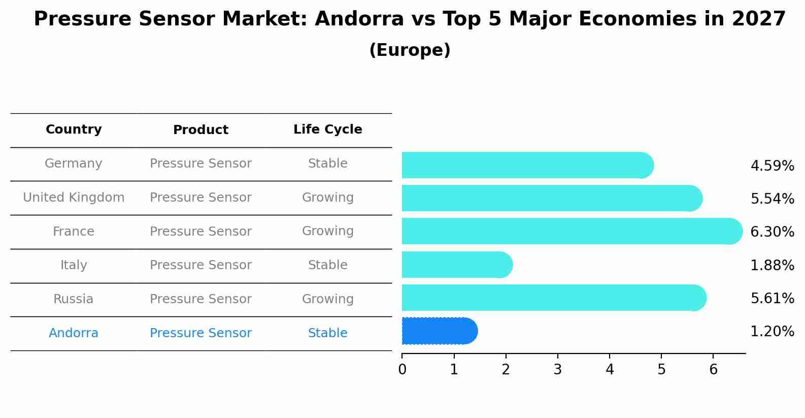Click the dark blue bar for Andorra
point(439,331)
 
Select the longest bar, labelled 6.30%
point(572,231)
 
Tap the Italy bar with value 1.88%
point(457,265)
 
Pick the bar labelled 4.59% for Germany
point(527,165)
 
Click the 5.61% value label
point(772,298)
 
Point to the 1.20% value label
point(772,332)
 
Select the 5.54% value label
point(772,199)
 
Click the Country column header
point(74,130)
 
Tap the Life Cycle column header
point(327,130)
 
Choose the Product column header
point(200,130)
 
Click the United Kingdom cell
point(74,198)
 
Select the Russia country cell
point(74,299)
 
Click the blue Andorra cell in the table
point(74,333)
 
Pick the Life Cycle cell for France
point(327,231)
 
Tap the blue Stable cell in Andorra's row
point(327,333)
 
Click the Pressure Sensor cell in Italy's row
point(200,265)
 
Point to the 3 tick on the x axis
point(557,369)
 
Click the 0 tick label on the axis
point(402,369)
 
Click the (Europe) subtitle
point(410,50)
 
